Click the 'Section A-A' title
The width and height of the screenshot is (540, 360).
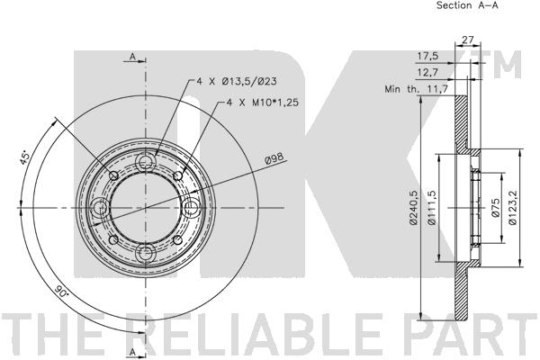467,5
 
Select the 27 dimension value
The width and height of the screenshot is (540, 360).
467,40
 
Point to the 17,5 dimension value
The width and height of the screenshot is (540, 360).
427,56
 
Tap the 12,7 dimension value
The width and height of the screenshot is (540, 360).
427,72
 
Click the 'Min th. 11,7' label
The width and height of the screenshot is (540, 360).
416,89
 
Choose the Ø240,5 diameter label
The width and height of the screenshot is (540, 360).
414,208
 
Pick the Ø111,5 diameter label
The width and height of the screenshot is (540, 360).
431,208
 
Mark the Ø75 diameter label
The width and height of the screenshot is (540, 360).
495,207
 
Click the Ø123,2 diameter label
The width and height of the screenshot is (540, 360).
512,207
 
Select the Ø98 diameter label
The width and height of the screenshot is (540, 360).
274,158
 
